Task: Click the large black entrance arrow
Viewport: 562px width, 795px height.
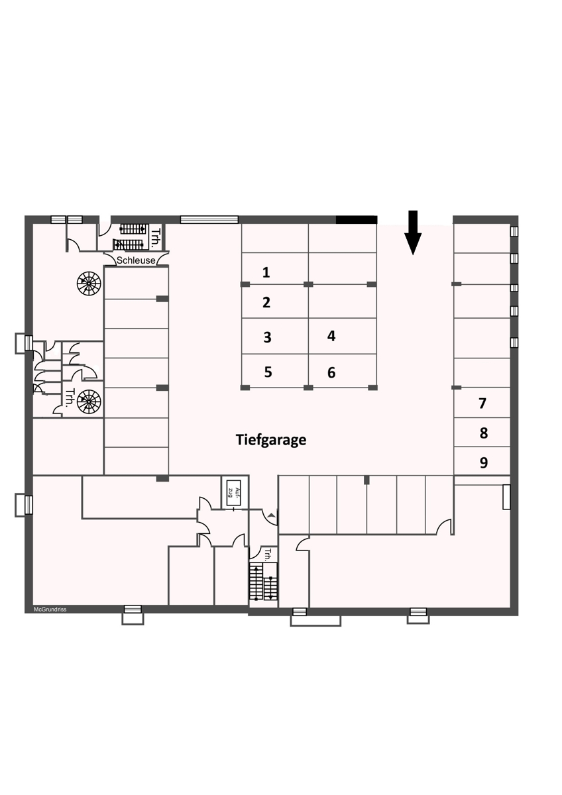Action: click(x=413, y=233)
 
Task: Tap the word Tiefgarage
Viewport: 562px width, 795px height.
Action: click(x=271, y=440)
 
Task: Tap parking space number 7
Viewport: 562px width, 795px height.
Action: click(x=482, y=403)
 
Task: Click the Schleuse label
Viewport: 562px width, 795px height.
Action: click(x=136, y=260)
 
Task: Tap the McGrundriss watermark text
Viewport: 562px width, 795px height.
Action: click(x=50, y=609)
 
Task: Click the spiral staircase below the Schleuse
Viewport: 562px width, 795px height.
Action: click(x=89, y=284)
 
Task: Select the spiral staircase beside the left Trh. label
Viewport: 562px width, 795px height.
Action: click(x=89, y=401)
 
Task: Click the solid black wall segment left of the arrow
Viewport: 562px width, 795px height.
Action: click(x=357, y=220)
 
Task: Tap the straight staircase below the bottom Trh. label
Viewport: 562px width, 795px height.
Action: click(x=263, y=582)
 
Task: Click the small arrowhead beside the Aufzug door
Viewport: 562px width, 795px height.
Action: click(x=272, y=514)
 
